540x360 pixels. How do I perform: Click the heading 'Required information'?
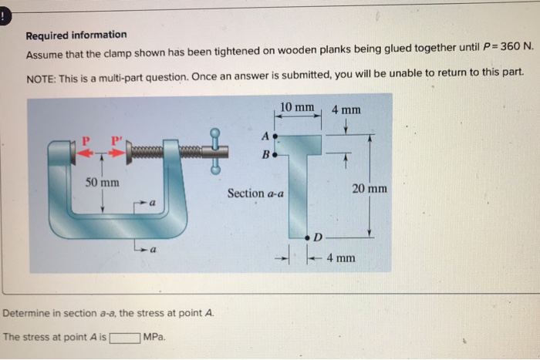(x=76, y=35)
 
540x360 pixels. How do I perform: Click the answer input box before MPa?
(x=124, y=338)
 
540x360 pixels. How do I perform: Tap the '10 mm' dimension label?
(x=297, y=106)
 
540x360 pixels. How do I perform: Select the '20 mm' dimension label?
(x=370, y=189)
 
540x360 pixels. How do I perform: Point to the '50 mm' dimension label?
(x=102, y=183)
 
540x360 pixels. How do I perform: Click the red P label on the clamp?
(x=87, y=140)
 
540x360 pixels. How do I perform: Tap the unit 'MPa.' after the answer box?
(x=155, y=338)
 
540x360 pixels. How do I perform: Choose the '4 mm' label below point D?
(x=340, y=257)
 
